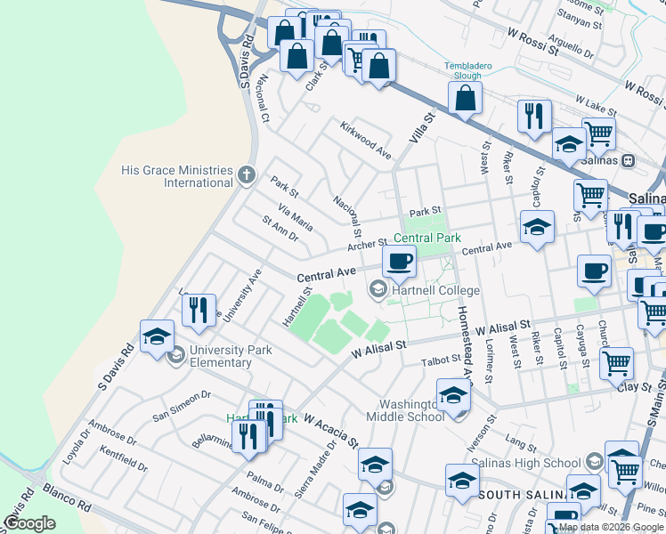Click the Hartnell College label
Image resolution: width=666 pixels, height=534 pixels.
coord(435,290)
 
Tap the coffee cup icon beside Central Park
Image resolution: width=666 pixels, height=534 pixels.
coord(399,261)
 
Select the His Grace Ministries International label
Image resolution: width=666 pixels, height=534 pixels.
coord(178,176)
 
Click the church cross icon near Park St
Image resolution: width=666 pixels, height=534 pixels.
coord(248,174)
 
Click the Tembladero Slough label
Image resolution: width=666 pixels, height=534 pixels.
coord(463,70)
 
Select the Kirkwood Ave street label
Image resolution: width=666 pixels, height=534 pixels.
coord(365,140)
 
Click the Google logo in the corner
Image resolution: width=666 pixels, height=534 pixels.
coord(29,523)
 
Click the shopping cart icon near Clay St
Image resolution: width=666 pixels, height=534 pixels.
coord(616,362)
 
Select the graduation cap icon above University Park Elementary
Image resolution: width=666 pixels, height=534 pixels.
coord(157,336)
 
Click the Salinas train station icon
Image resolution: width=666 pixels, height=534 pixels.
coord(629,160)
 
